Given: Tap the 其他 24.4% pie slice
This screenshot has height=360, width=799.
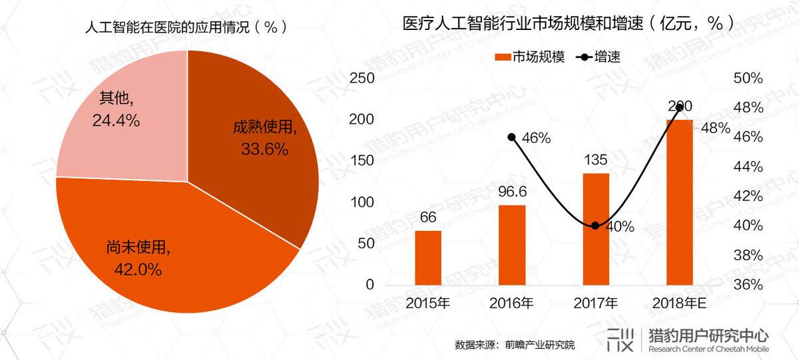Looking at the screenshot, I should (x=120, y=113).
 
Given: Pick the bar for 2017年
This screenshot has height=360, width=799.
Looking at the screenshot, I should (x=596, y=229).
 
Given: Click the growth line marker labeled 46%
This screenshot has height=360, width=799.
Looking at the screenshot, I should (x=512, y=137).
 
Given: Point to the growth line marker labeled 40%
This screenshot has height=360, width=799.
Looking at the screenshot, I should (x=596, y=226).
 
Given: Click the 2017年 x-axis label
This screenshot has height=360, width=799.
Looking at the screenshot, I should (x=596, y=304).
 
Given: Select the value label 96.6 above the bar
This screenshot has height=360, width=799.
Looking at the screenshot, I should (x=512, y=192).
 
